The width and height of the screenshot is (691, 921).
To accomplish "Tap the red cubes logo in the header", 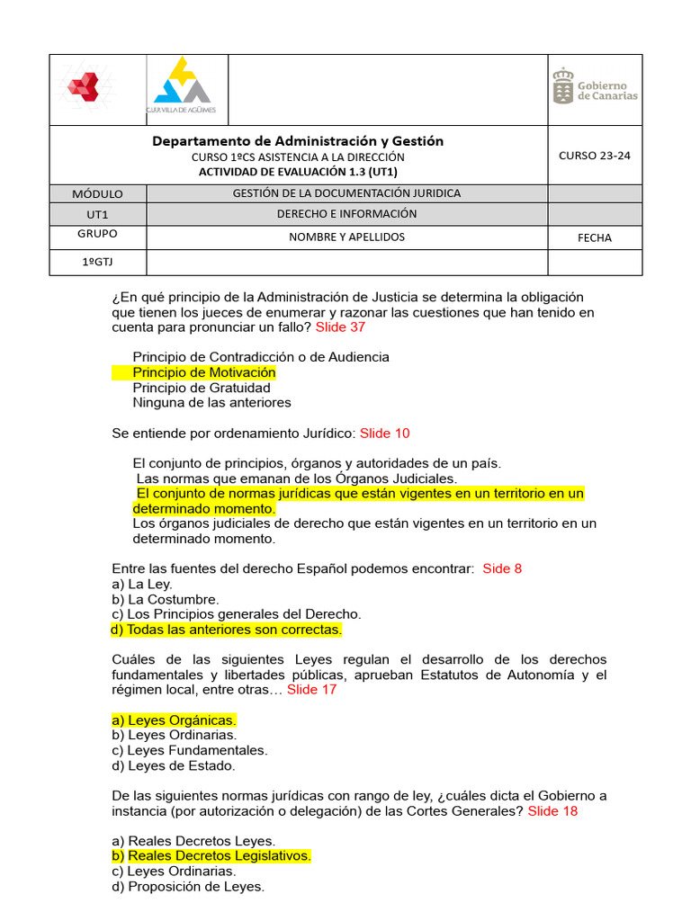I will (86, 88).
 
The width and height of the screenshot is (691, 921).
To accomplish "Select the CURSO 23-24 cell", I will (594, 155).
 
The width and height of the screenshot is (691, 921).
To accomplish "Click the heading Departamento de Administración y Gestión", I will (298, 141).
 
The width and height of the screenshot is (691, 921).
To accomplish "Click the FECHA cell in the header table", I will (594, 237).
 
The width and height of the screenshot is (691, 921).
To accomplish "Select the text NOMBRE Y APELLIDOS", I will (346, 237).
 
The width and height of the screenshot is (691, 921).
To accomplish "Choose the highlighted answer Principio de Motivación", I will (203, 372).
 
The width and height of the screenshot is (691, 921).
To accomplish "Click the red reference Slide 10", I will (384, 434).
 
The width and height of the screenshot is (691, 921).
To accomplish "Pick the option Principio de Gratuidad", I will (201, 388).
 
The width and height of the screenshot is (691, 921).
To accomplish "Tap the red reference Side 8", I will (502, 568).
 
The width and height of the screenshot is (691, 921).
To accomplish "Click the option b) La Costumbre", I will (165, 599).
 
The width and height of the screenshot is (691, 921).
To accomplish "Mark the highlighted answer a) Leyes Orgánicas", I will (174, 720).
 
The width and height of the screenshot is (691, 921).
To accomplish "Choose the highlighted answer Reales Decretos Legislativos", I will (211, 855).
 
